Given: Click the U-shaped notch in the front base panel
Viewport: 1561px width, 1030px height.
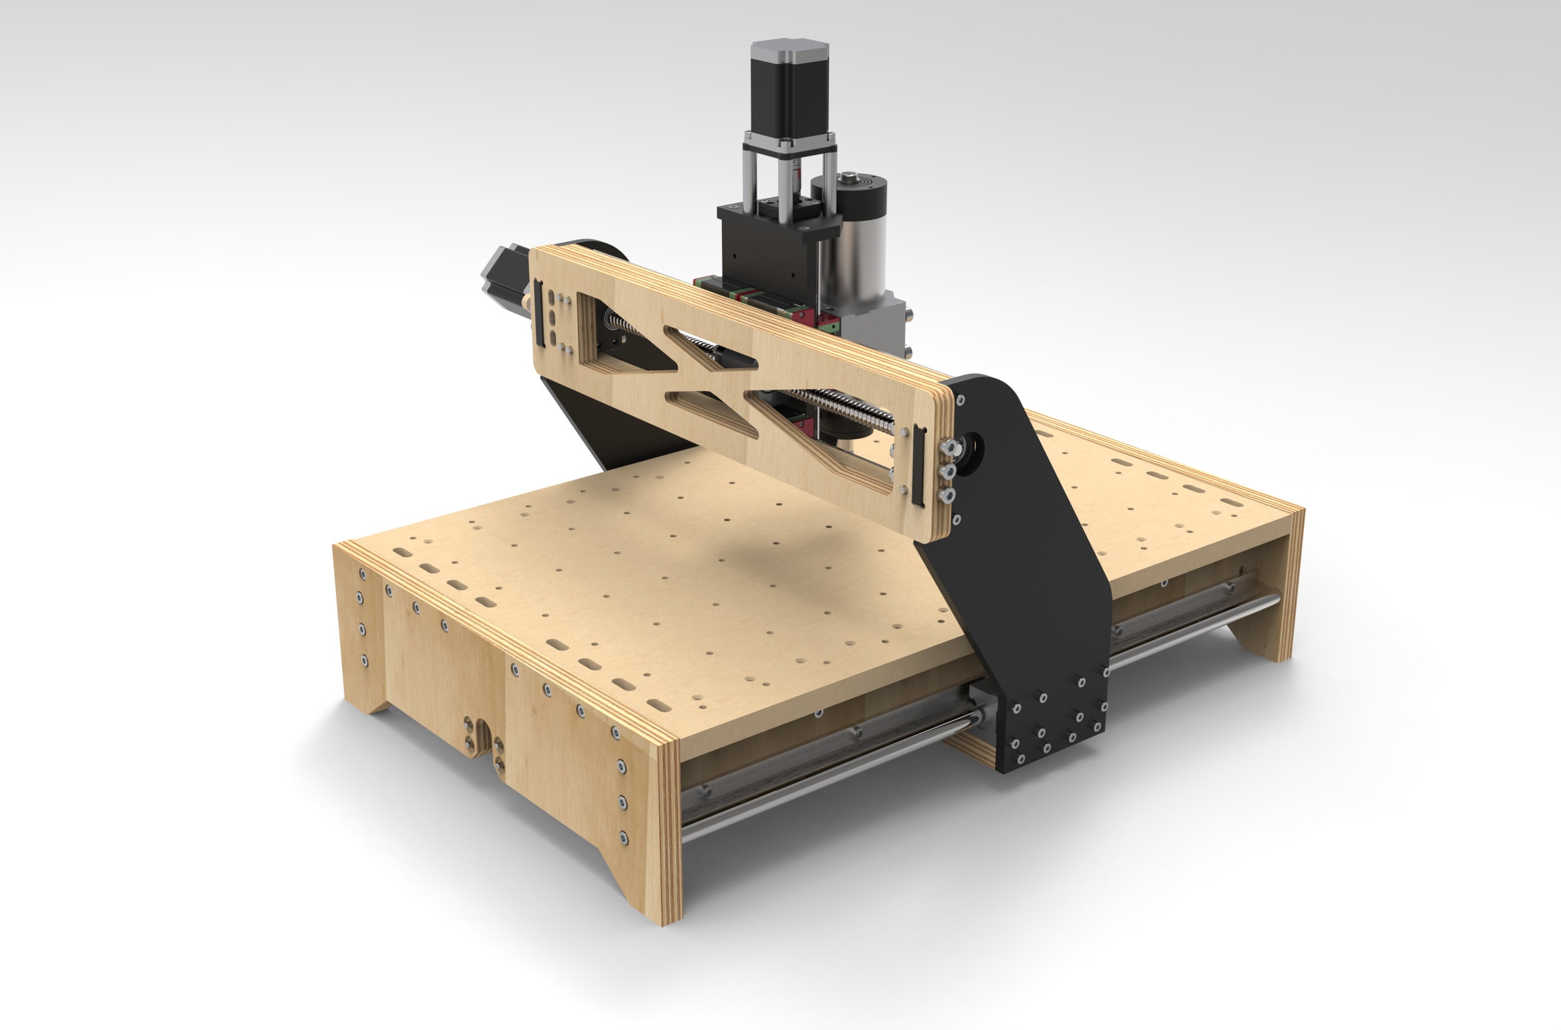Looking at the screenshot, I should click(483, 739).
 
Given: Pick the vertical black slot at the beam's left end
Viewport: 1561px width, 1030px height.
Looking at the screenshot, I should click(539, 314).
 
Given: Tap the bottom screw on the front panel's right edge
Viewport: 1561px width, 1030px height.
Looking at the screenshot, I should click(624, 838).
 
